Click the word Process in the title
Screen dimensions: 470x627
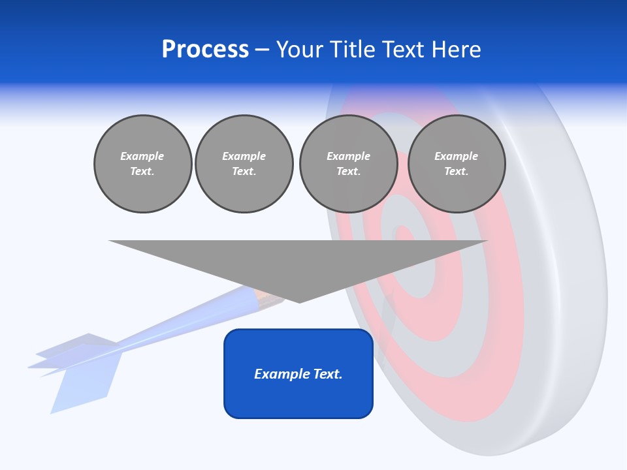tap(205, 50)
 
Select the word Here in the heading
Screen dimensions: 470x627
tap(457, 50)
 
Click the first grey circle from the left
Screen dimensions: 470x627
tap(142, 164)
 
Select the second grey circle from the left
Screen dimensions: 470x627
tap(244, 164)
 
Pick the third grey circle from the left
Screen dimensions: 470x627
tap(348, 164)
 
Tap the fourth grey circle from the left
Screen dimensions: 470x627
tap(456, 164)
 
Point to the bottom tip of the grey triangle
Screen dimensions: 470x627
tap(299, 301)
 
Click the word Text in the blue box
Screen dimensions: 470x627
tap(327, 374)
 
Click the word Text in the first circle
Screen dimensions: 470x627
tap(142, 172)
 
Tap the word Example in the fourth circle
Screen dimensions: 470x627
tap(456, 156)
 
